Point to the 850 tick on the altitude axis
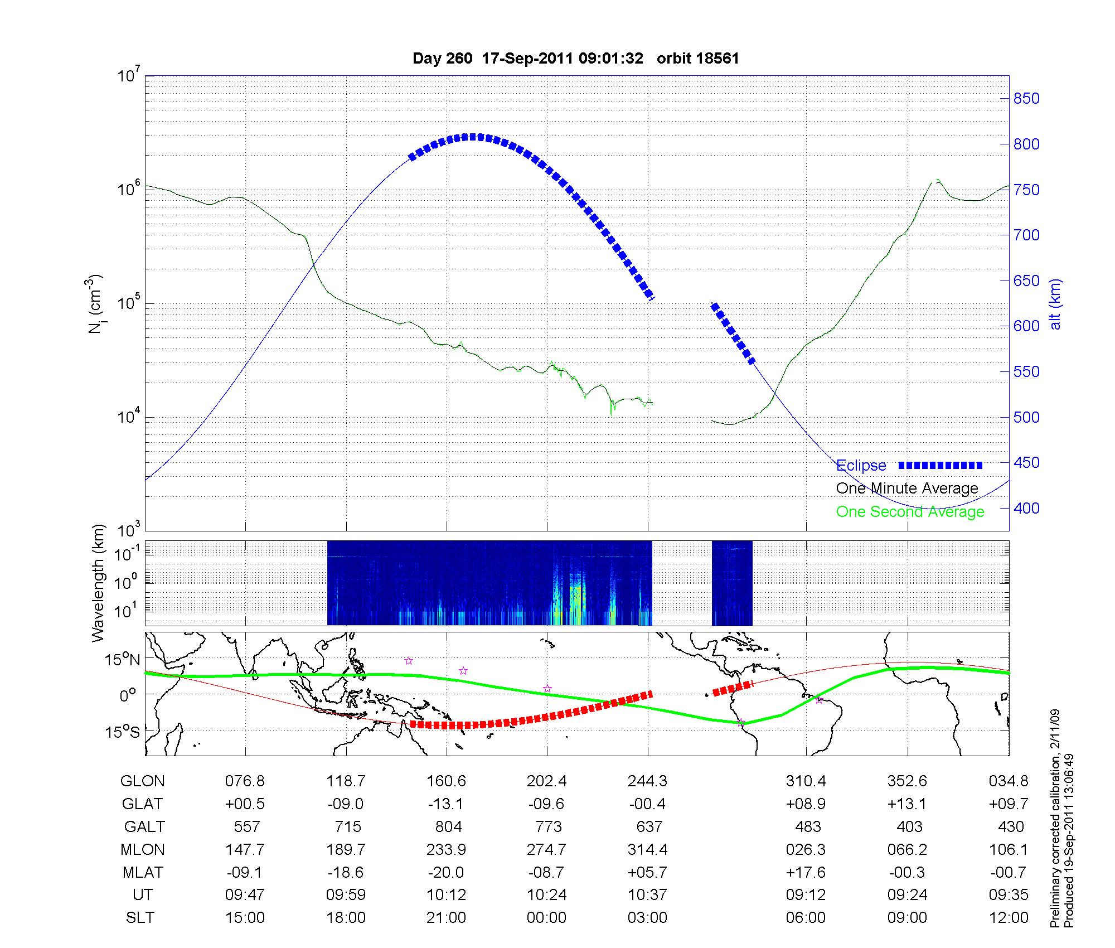point(1026,99)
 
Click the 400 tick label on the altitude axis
point(1026,509)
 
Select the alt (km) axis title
point(1055,304)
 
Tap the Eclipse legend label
point(861,466)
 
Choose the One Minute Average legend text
point(907,488)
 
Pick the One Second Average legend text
point(910,512)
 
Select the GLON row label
point(142,781)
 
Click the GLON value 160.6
point(446,781)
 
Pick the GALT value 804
point(448,826)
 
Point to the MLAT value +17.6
point(806,872)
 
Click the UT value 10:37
point(647,895)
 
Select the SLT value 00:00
point(546,918)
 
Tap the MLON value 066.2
point(907,849)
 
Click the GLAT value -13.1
point(446,804)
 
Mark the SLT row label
point(140,918)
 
